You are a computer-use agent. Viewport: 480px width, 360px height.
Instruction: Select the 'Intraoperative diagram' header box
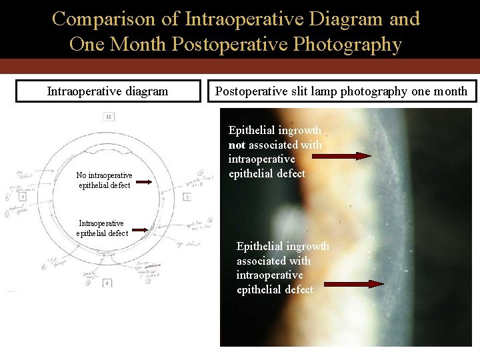point(107,91)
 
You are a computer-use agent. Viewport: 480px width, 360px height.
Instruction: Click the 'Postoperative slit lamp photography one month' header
point(341,91)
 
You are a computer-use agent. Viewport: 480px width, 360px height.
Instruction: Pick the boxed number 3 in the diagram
point(187,197)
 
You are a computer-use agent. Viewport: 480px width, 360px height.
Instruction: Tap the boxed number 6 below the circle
point(107,283)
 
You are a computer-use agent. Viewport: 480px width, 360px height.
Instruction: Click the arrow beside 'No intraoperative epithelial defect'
point(148,180)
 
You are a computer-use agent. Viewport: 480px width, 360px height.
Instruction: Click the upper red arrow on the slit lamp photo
point(342,156)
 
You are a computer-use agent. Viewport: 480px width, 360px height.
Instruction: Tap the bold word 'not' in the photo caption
point(237,145)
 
